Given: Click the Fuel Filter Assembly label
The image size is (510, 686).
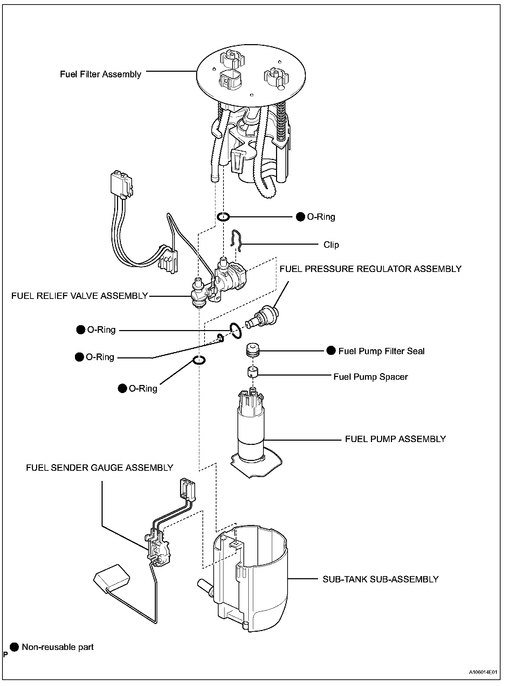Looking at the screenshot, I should [101, 75].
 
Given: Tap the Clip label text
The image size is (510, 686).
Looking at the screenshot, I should [331, 245].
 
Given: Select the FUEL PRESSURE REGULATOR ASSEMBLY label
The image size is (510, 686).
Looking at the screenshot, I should [370, 269].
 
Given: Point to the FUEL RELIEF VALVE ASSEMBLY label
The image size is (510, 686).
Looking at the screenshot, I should [80, 296].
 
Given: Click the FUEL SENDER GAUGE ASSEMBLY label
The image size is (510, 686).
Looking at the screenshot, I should [99, 468].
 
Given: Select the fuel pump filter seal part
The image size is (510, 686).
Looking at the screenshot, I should [253, 350].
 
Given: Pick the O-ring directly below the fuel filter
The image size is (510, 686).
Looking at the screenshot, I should [223, 217].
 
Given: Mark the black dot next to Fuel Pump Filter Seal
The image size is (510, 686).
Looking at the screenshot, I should [331, 351].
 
